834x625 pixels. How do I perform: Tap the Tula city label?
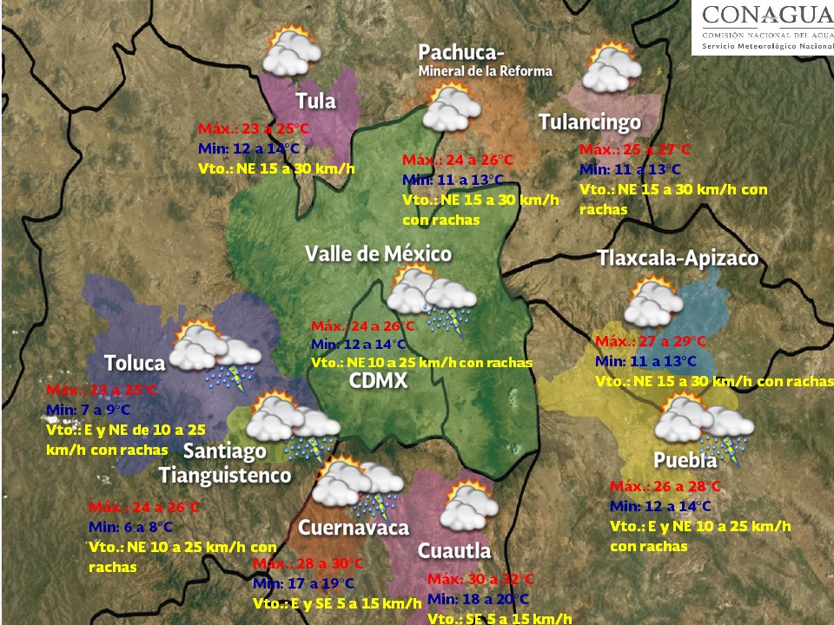tap(315, 101)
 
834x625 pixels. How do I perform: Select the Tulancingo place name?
tap(590, 122)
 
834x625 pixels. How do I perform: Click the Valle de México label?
tap(378, 253)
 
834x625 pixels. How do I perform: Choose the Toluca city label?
tap(135, 362)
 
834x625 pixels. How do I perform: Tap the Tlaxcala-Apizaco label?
tap(678, 259)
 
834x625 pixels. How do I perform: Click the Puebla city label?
tap(685, 460)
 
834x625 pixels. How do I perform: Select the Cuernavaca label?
tap(353, 528)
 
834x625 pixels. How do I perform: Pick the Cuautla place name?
tap(454, 550)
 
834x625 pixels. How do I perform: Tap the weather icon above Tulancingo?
tap(607, 69)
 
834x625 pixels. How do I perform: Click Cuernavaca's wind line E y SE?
tap(337, 602)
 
